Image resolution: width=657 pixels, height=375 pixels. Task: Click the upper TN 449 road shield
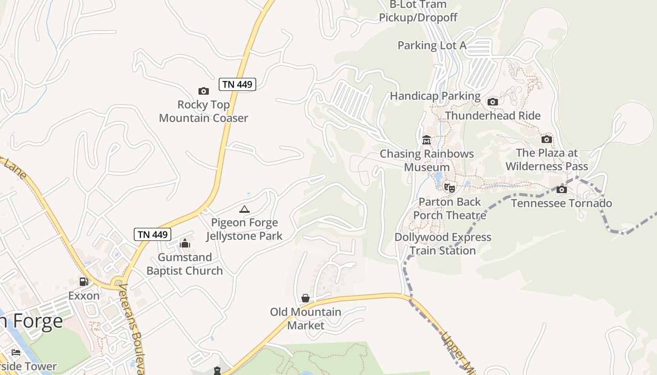237,84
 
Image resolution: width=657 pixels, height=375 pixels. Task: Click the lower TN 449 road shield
153,234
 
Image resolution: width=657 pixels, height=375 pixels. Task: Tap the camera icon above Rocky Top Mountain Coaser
203,91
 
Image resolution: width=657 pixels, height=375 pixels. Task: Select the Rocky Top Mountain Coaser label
203,111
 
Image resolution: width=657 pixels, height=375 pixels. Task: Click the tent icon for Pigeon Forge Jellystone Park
244,209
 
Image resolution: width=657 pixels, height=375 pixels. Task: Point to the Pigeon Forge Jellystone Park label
244,229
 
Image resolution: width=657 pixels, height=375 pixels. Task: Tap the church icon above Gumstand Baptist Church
185,243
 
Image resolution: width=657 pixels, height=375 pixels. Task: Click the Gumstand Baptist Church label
185,264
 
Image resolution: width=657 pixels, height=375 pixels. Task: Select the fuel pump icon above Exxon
84,282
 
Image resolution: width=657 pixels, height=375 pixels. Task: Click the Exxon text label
84,296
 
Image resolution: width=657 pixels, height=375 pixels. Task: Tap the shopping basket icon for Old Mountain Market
306,298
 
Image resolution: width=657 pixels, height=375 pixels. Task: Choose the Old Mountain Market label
306,319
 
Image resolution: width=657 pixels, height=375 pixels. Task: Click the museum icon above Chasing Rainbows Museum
427,140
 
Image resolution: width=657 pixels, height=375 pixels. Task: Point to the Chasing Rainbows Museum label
427,160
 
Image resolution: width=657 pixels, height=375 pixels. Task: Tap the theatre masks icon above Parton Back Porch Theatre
450,188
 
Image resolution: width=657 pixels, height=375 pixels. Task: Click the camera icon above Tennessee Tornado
561,189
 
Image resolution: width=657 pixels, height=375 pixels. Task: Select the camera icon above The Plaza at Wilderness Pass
546,139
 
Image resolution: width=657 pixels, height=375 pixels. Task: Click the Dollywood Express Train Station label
443,244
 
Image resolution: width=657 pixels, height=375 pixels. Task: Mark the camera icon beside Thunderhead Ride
492,102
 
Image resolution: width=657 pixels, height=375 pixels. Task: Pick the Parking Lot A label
432,45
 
